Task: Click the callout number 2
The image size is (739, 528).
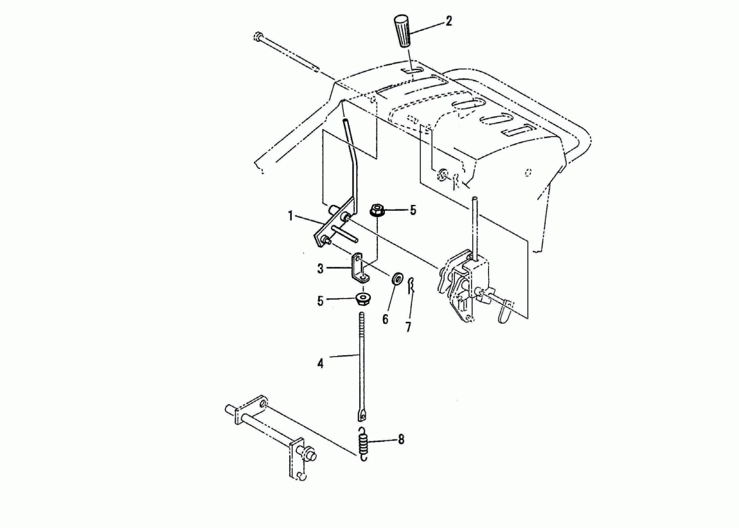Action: pyautogui.click(x=448, y=21)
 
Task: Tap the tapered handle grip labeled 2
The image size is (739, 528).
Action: pyautogui.click(x=402, y=31)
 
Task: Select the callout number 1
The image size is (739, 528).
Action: pyautogui.click(x=291, y=216)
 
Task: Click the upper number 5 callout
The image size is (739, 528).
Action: pyautogui.click(x=413, y=210)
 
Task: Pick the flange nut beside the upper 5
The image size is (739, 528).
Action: pyautogui.click(x=377, y=209)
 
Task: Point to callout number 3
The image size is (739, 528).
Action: pyautogui.click(x=321, y=269)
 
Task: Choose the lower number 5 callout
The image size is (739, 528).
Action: pyautogui.click(x=321, y=301)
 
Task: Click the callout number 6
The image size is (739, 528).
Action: pyautogui.click(x=385, y=319)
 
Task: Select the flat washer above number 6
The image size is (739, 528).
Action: pyautogui.click(x=396, y=278)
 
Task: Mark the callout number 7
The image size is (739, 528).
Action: pyautogui.click(x=408, y=327)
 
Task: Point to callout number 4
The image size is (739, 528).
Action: pyautogui.click(x=321, y=363)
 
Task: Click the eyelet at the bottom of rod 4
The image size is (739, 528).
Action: pyautogui.click(x=362, y=415)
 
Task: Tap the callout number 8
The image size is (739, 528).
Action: pyautogui.click(x=401, y=439)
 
